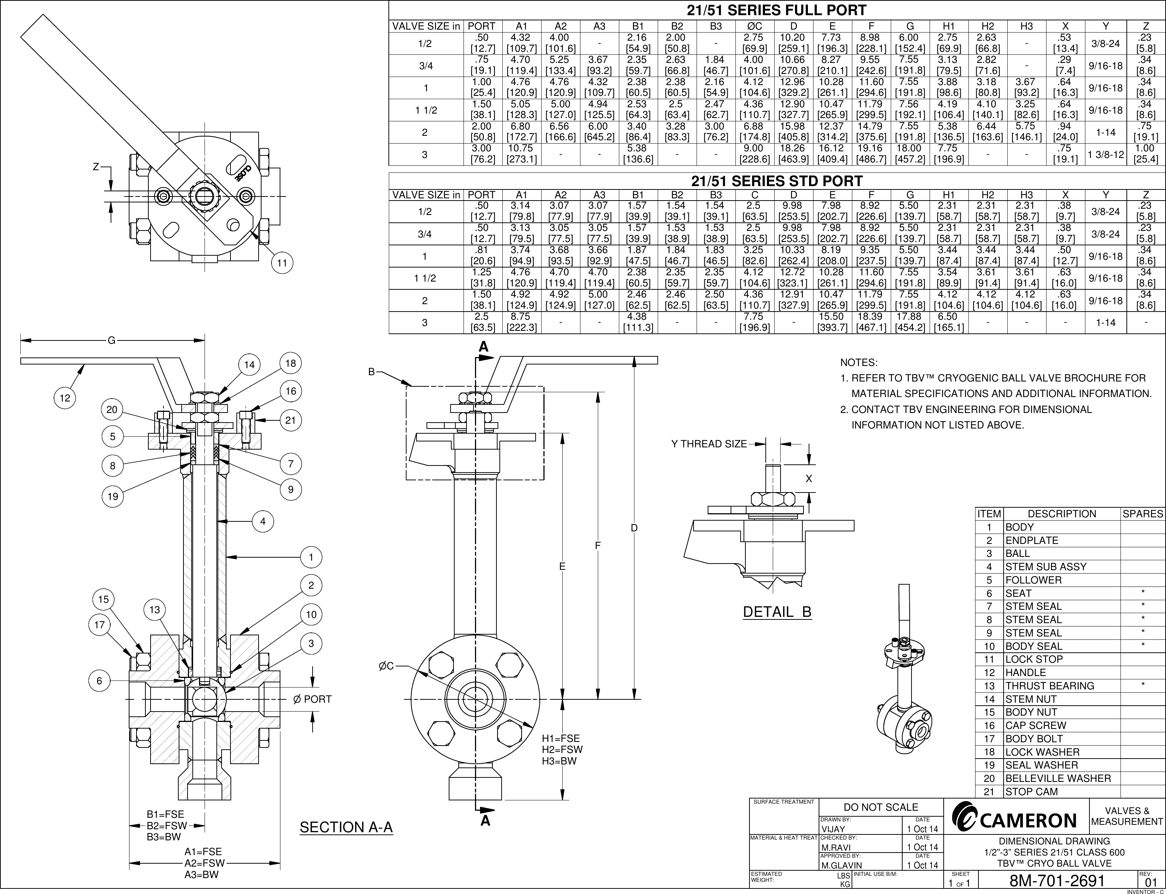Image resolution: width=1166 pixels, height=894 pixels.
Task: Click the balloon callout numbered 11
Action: click(282, 263)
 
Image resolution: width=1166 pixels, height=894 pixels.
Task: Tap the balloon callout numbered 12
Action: click(65, 398)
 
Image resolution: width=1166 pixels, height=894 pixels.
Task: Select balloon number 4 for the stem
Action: click(263, 521)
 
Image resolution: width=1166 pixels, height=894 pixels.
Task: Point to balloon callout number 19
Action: click(112, 497)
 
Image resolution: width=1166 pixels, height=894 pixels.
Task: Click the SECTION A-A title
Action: click(346, 827)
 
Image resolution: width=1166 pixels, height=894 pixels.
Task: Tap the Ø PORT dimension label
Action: click(312, 699)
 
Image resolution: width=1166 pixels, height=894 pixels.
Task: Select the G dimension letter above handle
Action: click(111, 340)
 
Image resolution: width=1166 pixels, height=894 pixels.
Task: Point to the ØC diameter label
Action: click(386, 666)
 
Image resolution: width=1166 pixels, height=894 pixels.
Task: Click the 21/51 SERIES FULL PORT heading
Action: click(776, 10)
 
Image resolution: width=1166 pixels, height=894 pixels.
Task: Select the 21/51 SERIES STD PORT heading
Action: click(776, 181)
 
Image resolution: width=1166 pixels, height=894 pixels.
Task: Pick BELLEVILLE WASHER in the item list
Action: click(1058, 779)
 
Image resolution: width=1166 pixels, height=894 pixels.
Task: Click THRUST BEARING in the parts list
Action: click(1049, 686)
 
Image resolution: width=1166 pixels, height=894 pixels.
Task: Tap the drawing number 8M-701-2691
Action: click(1058, 881)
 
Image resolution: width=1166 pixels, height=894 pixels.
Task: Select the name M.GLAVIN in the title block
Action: click(842, 865)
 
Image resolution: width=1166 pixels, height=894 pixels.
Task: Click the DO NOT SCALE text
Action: click(881, 807)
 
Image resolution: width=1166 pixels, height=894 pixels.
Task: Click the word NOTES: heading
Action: click(859, 363)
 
